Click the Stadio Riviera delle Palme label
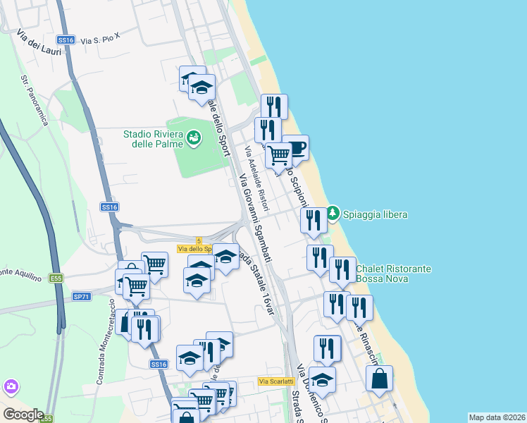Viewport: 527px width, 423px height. click(x=153, y=138)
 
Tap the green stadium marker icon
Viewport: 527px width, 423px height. click(x=194, y=138)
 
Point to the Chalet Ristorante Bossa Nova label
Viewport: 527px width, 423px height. click(x=394, y=274)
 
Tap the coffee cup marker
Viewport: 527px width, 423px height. click(x=296, y=148)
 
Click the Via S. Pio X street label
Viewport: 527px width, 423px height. click(x=101, y=41)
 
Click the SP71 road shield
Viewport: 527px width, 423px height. click(x=82, y=297)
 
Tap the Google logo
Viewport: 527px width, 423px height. click(x=23, y=414)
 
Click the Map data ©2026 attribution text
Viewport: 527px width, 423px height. click(x=497, y=417)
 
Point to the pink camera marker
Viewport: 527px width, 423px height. click(x=11, y=386)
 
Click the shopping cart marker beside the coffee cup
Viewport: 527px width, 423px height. click(x=279, y=154)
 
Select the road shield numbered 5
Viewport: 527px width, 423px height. click(x=199, y=240)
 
